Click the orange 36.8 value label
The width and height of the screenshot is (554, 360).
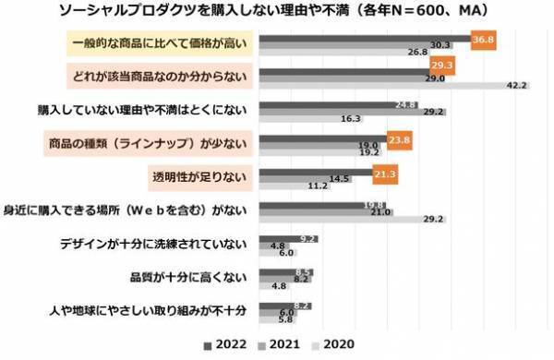(x=484, y=42)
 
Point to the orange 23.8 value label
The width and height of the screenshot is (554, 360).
(x=400, y=142)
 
